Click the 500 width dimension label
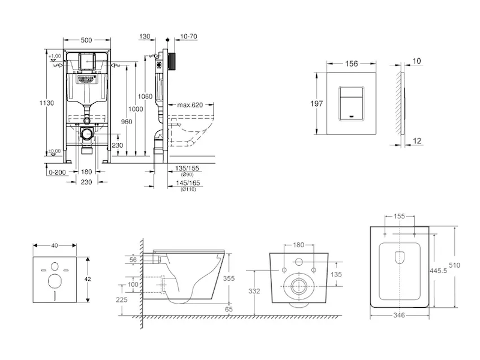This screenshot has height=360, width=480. click(86, 40)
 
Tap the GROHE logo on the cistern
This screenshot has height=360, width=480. click(86, 79)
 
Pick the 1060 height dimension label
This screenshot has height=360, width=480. click(144, 96)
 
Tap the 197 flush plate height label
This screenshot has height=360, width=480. click(317, 104)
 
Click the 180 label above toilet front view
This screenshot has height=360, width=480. click(298, 245)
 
